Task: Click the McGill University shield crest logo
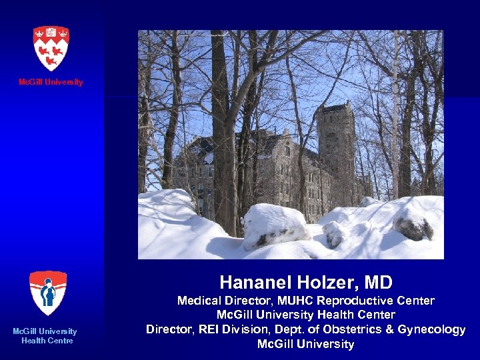tap(51, 47)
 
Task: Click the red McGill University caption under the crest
tap(51, 82)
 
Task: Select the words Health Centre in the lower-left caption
tap(47, 341)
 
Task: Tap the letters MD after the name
tap(380, 282)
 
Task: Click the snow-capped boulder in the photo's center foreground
tap(275, 225)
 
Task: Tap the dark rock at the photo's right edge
tap(413, 227)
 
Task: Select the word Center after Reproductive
tap(415, 301)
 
